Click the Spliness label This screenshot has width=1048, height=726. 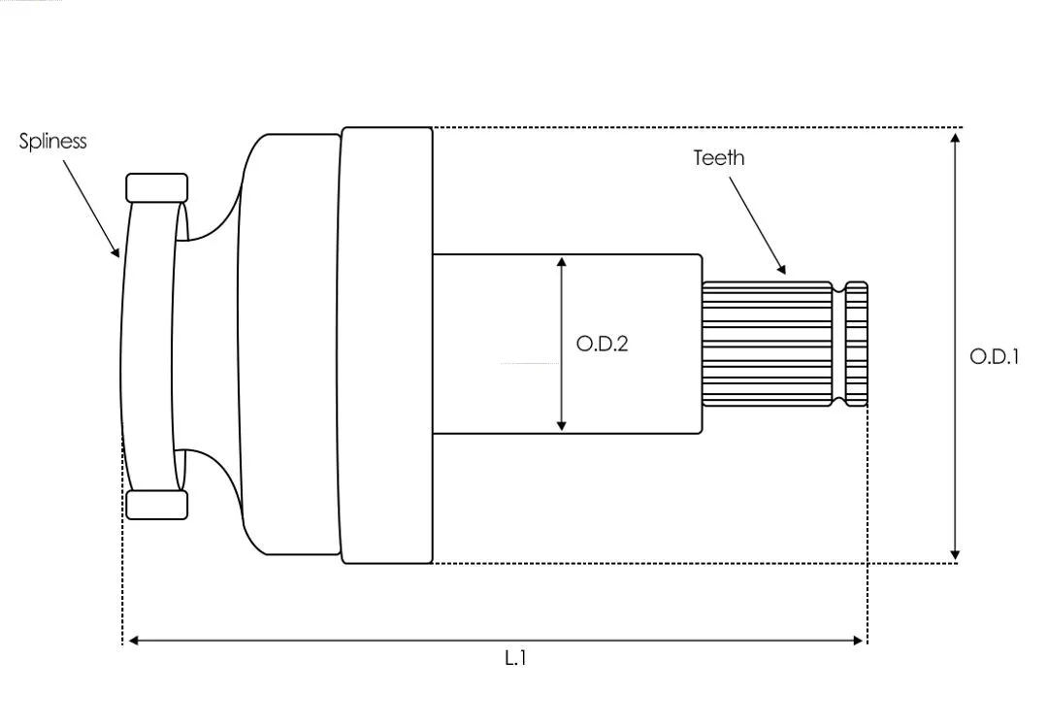click(x=52, y=142)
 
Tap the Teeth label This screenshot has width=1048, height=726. click(x=718, y=158)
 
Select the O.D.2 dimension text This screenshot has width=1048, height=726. click(x=603, y=344)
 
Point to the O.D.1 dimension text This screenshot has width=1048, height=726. click(x=995, y=356)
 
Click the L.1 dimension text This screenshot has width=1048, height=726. click(x=515, y=658)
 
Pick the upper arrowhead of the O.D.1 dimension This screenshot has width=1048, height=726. click(x=955, y=138)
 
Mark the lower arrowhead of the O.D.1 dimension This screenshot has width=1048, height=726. click(x=955, y=555)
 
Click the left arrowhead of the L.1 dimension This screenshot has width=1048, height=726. click(x=133, y=641)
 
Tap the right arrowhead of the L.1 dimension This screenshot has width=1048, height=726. click(x=858, y=641)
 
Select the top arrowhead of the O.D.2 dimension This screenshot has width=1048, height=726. click(x=562, y=261)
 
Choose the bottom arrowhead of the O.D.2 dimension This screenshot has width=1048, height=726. click(x=562, y=425)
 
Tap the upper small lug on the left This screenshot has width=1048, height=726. click(x=157, y=188)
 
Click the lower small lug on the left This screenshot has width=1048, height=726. click(x=157, y=505)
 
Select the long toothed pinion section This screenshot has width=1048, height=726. click(x=768, y=345)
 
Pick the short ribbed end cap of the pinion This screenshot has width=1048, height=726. click(x=857, y=345)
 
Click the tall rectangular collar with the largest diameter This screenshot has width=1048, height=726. click(x=387, y=345)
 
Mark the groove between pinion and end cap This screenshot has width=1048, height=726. click(x=839, y=345)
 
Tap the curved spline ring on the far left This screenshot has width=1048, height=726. click(x=148, y=346)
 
